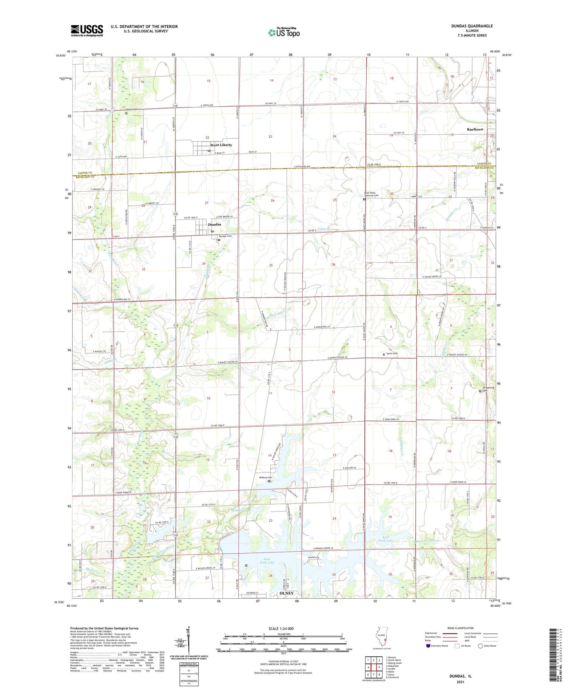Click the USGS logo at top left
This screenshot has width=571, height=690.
(87, 30)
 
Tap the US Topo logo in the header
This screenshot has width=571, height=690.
(284, 32)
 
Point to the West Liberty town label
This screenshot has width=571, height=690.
(221, 145)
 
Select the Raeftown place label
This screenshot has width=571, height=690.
(475, 130)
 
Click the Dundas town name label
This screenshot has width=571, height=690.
(215, 224)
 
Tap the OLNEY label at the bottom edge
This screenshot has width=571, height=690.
(286, 593)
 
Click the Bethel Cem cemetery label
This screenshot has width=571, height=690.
(132, 109)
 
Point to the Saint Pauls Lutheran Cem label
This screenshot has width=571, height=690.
(371, 194)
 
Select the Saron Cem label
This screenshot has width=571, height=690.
(392, 354)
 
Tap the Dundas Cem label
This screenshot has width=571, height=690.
(225, 236)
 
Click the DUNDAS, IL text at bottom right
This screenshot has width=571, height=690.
(460, 676)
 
